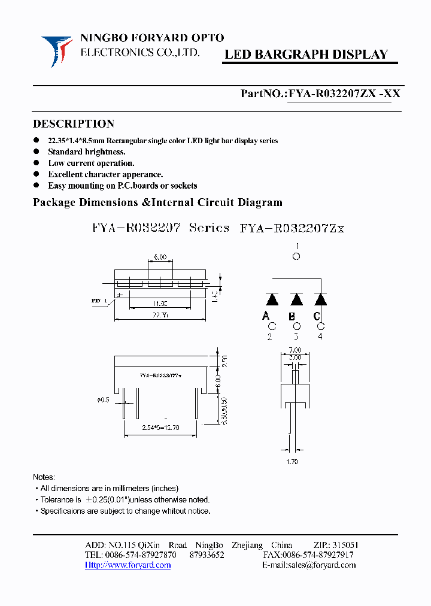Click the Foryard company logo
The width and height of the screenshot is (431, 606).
[x=56, y=50]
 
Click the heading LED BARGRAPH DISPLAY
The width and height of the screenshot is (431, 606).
[x=306, y=54]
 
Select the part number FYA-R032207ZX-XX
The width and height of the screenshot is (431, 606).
[x=344, y=93]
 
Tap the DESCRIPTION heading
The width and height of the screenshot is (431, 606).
[x=73, y=124]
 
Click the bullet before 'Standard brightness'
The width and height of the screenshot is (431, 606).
[x=37, y=152]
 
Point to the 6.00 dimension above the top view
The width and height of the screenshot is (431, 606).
[x=159, y=257]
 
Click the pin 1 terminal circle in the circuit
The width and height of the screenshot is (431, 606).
[x=296, y=257]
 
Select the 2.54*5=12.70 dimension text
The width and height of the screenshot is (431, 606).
[x=160, y=428]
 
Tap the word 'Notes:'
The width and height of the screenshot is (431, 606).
[x=44, y=477]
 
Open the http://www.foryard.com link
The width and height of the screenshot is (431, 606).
[x=128, y=565]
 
